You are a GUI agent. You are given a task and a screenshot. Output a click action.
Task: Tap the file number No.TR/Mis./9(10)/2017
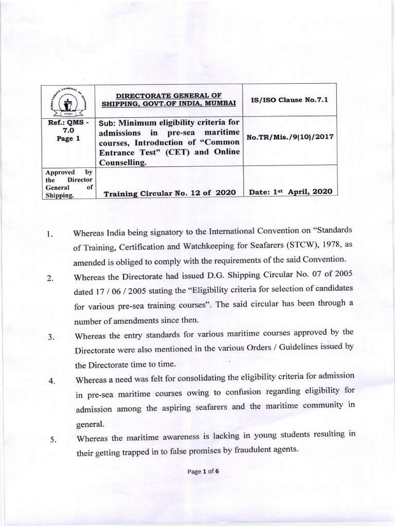click(x=290, y=138)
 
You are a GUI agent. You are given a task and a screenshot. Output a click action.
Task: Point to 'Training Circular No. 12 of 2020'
click(x=170, y=193)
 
